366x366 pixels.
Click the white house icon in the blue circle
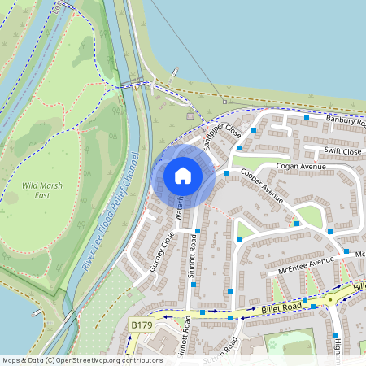tap(183, 175)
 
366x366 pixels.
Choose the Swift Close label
tap(342, 151)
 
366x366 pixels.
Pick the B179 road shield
tap(142, 325)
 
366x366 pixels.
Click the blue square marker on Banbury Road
tap(307, 118)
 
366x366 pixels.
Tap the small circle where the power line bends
tap(224, 102)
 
